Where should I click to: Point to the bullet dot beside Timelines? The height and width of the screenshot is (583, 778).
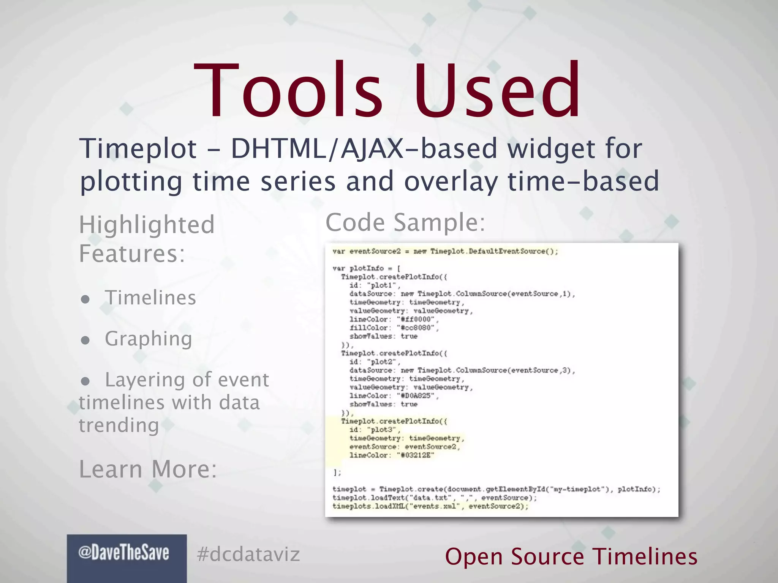coord(85,299)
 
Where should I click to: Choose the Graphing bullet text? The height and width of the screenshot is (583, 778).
coord(149,339)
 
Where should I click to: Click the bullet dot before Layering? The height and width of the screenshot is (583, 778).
coord(85,381)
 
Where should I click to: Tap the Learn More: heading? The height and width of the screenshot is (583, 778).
coord(148,469)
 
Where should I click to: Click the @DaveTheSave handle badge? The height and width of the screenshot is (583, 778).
coord(124,553)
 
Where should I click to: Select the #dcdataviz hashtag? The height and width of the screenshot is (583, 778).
coord(248,555)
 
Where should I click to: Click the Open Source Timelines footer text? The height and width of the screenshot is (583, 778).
coord(571,556)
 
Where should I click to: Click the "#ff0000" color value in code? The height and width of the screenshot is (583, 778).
coord(416,319)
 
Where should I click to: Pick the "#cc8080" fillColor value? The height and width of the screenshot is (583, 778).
coord(417,328)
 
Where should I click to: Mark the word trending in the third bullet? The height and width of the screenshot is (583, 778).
coord(119,425)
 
